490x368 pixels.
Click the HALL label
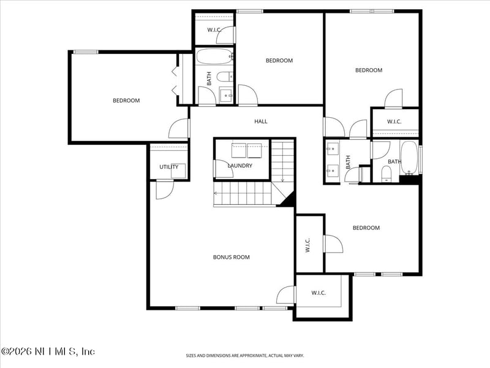click(x=261, y=121)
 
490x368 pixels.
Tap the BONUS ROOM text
click(x=231, y=257)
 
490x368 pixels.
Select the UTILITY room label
click(x=169, y=167)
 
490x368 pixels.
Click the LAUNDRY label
click(x=240, y=166)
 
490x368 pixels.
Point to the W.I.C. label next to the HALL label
click(x=394, y=121)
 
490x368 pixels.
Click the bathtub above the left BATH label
click(x=214, y=58)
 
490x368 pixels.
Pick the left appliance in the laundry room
click(x=239, y=148)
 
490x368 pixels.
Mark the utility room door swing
click(x=164, y=190)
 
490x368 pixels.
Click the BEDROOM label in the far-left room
click(x=126, y=101)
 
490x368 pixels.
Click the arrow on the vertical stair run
click(x=282, y=178)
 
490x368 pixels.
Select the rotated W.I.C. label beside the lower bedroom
click(x=308, y=245)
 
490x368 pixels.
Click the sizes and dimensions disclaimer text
click(x=245, y=355)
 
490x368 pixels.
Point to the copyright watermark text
click(x=48, y=351)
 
